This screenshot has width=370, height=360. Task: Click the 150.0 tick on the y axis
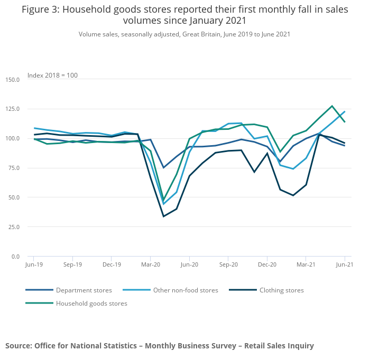click(13, 80)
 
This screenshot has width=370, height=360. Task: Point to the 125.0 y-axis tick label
click(13, 109)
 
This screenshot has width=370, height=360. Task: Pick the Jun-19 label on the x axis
click(34, 264)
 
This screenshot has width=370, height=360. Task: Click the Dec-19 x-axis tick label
click(112, 264)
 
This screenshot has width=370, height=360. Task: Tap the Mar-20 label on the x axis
click(151, 264)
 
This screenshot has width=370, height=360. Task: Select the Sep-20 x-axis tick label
click(228, 264)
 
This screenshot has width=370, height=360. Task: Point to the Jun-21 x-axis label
click(344, 264)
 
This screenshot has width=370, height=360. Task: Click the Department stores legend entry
click(84, 290)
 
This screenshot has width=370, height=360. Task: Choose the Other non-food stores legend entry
click(186, 290)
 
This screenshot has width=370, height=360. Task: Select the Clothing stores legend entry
click(282, 290)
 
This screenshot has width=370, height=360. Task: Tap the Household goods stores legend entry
click(91, 304)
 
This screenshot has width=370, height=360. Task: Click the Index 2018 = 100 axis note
click(52, 75)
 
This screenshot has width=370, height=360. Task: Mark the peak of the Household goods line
click(332, 106)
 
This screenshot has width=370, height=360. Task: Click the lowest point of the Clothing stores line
click(164, 216)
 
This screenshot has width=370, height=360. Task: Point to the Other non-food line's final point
click(345, 111)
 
